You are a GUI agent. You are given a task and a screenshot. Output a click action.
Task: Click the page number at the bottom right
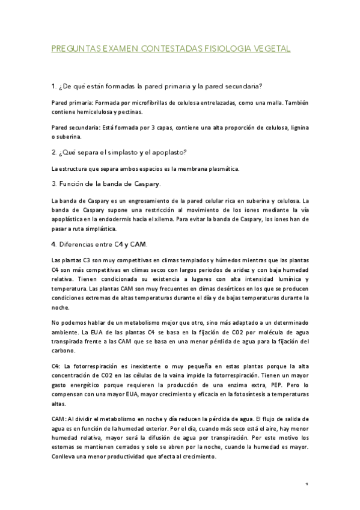307,484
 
